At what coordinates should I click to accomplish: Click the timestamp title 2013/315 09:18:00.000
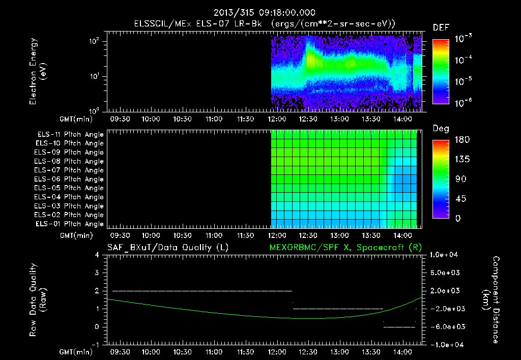coord(264,13)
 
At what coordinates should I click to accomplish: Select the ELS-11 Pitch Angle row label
coord(70,135)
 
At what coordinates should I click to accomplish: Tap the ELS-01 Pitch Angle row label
coord(70,224)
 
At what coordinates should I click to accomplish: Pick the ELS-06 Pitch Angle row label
coord(69,179)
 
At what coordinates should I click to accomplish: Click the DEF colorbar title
coord(441,27)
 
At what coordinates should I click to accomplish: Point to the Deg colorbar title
coord(441,129)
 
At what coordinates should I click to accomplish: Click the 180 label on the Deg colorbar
coord(462,139)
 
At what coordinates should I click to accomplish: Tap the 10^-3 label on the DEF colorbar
coord(463,38)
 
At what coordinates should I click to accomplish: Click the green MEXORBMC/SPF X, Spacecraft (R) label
coord(345,248)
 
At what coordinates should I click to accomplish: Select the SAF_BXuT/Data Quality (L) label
coord(168,248)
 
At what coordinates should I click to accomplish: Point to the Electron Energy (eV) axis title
coord(38,71)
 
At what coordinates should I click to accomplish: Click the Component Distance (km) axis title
coord(491,299)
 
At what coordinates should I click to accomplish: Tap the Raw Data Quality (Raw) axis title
coord(38,299)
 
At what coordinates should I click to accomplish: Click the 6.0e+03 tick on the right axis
coord(445,273)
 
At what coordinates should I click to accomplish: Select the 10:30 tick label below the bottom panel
coord(183,352)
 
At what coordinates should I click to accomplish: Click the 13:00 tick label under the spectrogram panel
coord(339,119)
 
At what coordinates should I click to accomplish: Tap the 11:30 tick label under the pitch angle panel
coord(245,235)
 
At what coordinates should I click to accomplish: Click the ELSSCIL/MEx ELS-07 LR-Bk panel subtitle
coord(198,23)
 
